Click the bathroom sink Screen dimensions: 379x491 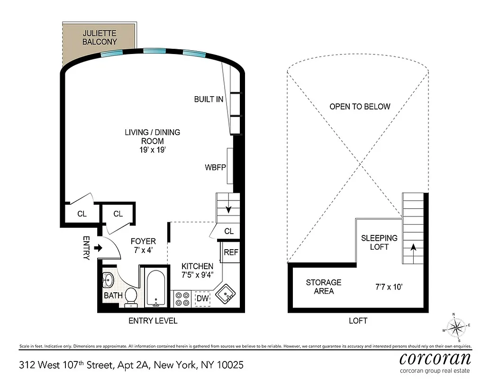(x=108, y=280)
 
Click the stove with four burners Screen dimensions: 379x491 (x=181, y=298)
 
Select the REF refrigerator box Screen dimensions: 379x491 (x=231, y=253)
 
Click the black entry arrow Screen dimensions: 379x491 (x=99, y=247)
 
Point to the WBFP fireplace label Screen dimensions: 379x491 (x=215, y=168)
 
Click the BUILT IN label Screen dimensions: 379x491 (x=209, y=99)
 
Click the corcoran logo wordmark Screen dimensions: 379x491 (x=435, y=358)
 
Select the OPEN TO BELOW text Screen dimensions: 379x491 (x=360, y=107)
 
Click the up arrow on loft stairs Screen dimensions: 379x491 (x=412, y=247)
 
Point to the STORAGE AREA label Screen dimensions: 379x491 (x=323, y=287)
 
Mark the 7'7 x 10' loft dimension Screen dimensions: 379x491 (x=388, y=287)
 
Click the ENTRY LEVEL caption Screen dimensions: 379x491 (x=153, y=321)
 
